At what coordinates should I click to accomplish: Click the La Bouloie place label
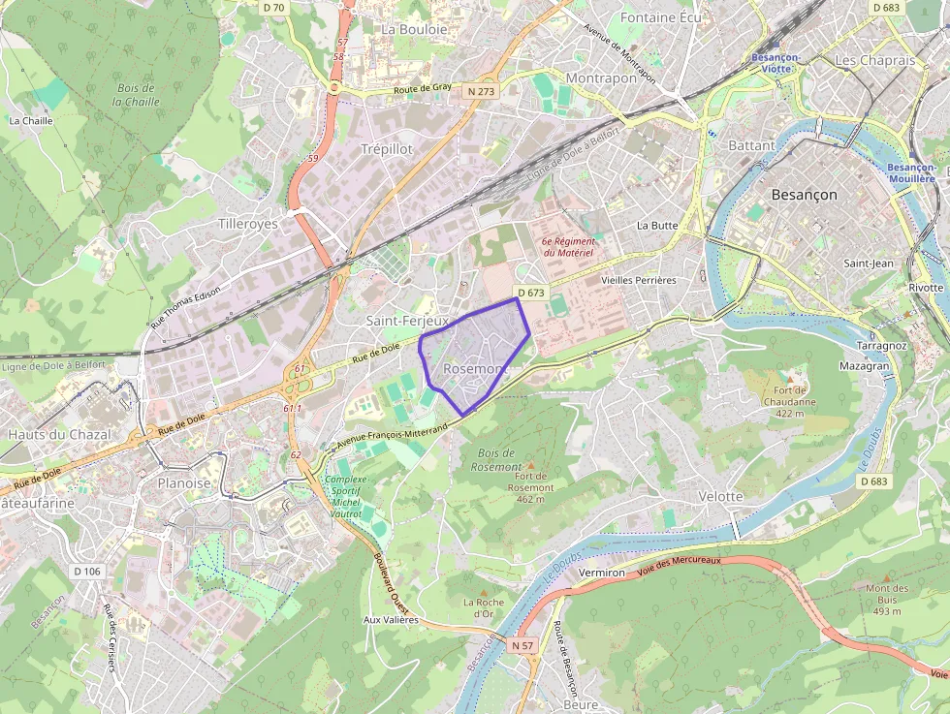(414, 29)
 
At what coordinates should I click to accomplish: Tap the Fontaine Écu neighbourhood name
(660, 17)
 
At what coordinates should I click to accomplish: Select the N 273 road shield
(480, 91)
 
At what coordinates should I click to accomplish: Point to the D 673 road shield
(532, 292)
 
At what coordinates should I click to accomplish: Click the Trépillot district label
(386, 149)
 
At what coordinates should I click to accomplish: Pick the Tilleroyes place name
(247, 224)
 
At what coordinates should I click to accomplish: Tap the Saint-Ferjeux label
(407, 320)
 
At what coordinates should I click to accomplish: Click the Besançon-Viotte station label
(775, 62)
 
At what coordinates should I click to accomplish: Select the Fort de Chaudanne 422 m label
(790, 401)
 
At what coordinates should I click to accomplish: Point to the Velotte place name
(720, 496)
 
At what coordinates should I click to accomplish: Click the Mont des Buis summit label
(887, 600)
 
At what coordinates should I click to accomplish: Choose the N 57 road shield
(522, 645)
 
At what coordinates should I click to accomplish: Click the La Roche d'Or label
(484, 607)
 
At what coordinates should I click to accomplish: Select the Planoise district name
(183, 481)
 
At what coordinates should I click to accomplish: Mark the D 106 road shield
(86, 571)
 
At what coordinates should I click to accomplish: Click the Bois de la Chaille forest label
(138, 95)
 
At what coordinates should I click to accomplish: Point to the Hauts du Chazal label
(59, 434)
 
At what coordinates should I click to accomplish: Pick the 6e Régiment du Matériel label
(567, 246)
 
